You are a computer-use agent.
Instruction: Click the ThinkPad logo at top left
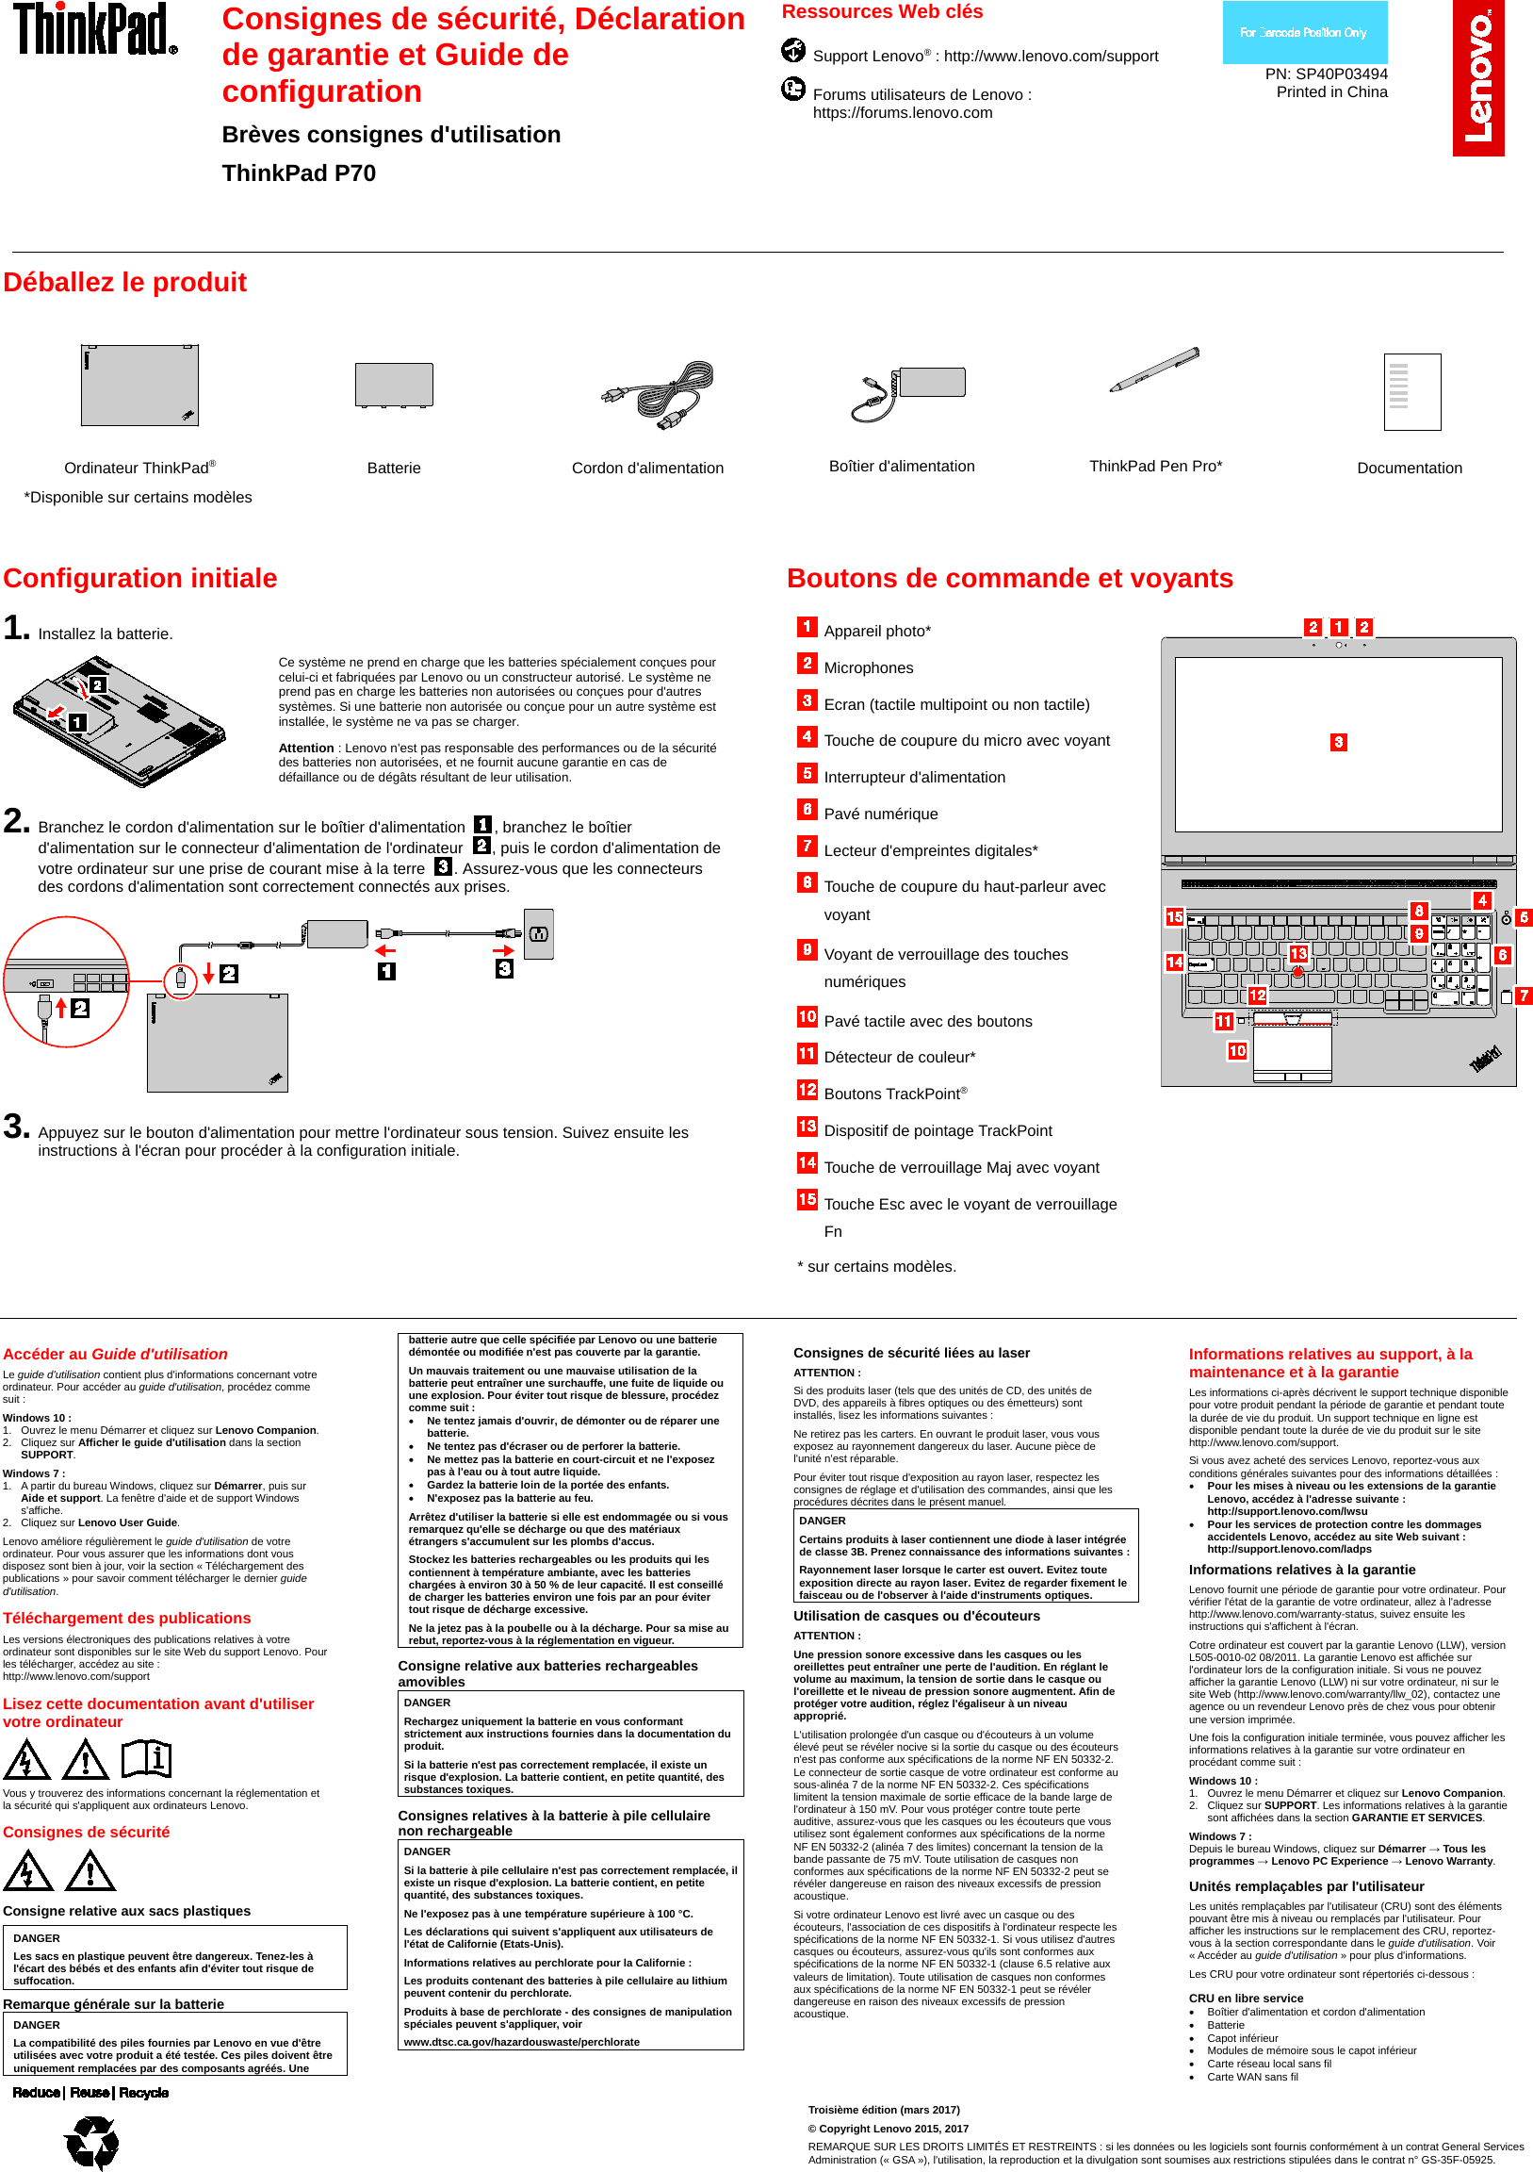click(94, 29)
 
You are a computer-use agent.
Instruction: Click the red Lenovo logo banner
click(1477, 77)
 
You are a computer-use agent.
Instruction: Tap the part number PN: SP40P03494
click(1326, 74)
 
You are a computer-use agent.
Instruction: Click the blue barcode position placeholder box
click(1304, 32)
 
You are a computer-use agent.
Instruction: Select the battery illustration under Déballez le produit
click(394, 385)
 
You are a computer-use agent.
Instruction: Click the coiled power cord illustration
click(659, 395)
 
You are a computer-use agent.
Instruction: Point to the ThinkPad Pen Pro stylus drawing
click(1154, 370)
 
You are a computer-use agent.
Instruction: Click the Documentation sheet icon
click(1411, 391)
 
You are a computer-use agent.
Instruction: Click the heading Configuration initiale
click(140, 578)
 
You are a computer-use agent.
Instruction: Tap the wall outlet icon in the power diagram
click(538, 934)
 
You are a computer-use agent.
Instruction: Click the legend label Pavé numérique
click(880, 814)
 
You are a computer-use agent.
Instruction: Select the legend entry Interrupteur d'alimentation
click(914, 777)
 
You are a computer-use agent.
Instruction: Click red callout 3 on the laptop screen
click(1337, 742)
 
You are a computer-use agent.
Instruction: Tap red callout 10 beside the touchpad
click(1236, 1051)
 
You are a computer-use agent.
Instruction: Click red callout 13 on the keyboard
click(1297, 954)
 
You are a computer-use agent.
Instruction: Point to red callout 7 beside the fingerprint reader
click(1523, 995)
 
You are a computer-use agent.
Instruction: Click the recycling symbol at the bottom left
click(91, 2140)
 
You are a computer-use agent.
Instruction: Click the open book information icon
click(146, 1758)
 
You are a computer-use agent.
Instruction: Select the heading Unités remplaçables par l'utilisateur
click(1305, 1885)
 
